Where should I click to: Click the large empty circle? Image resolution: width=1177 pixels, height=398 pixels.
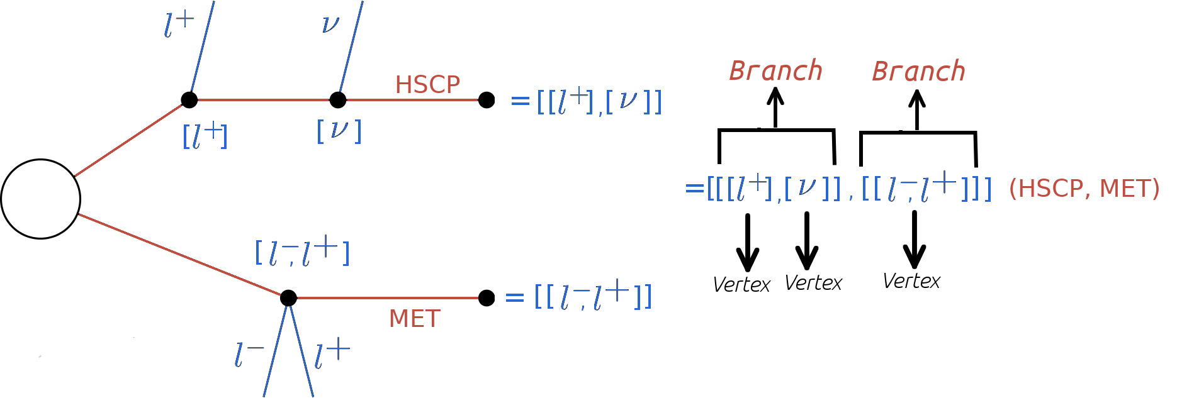tap(41, 199)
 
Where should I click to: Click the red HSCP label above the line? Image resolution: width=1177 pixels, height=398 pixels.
tap(427, 85)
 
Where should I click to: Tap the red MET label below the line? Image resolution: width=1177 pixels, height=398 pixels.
tap(414, 319)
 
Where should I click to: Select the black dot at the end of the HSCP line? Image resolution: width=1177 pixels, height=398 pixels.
tap(487, 100)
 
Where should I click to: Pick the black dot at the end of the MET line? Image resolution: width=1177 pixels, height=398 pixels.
tap(487, 298)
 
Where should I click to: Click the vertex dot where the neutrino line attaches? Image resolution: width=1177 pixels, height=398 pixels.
tap(338, 100)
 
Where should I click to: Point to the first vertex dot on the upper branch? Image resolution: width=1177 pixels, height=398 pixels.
tap(189, 100)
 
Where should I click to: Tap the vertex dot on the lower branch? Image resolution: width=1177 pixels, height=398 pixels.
tap(288, 298)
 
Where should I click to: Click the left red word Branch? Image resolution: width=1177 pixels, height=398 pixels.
tap(775, 71)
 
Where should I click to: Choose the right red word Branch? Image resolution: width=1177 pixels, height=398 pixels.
tap(918, 72)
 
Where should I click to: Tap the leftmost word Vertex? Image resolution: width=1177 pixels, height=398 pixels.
tap(741, 285)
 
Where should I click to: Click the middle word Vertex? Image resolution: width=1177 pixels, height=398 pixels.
tap(813, 283)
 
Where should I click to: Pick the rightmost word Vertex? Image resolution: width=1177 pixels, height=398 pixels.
tap(911, 281)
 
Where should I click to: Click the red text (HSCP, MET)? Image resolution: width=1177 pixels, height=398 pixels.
tap(1084, 189)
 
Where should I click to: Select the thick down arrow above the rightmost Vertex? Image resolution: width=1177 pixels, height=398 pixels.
tap(914, 240)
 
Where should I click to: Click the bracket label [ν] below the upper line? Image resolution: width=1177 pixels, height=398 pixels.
tap(339, 131)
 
